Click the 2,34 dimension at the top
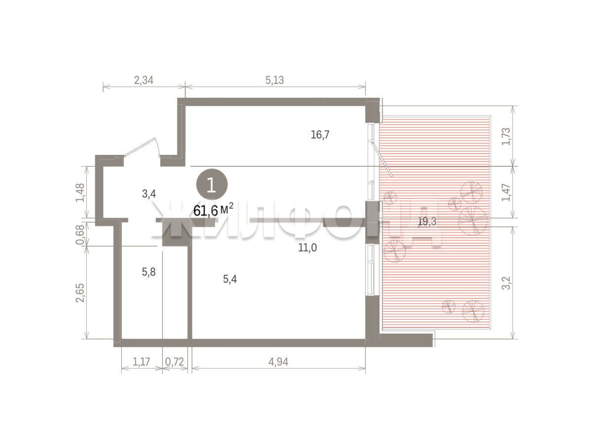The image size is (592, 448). click(144, 80)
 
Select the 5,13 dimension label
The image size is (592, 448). click(275, 80)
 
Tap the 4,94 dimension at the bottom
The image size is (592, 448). click(278, 362)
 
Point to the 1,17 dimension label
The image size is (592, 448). click(141, 362)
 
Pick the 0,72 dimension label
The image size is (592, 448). click(174, 362)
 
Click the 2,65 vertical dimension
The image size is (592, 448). click(80, 293)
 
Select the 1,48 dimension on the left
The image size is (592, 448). click(80, 192)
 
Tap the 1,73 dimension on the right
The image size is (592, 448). click(506, 136)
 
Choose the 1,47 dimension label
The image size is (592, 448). click(506, 192)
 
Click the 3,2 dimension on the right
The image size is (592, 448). click(506, 283)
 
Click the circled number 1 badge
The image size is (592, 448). click(212, 185)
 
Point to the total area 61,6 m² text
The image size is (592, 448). click(213, 210)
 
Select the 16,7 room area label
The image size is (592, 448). click(320, 135)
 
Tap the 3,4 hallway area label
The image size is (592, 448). click(149, 194)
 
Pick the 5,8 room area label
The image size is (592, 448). click(148, 272)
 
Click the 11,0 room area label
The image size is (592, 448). click(307, 247)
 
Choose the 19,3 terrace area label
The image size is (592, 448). click(427, 222)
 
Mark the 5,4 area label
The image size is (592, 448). click(230, 279)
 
